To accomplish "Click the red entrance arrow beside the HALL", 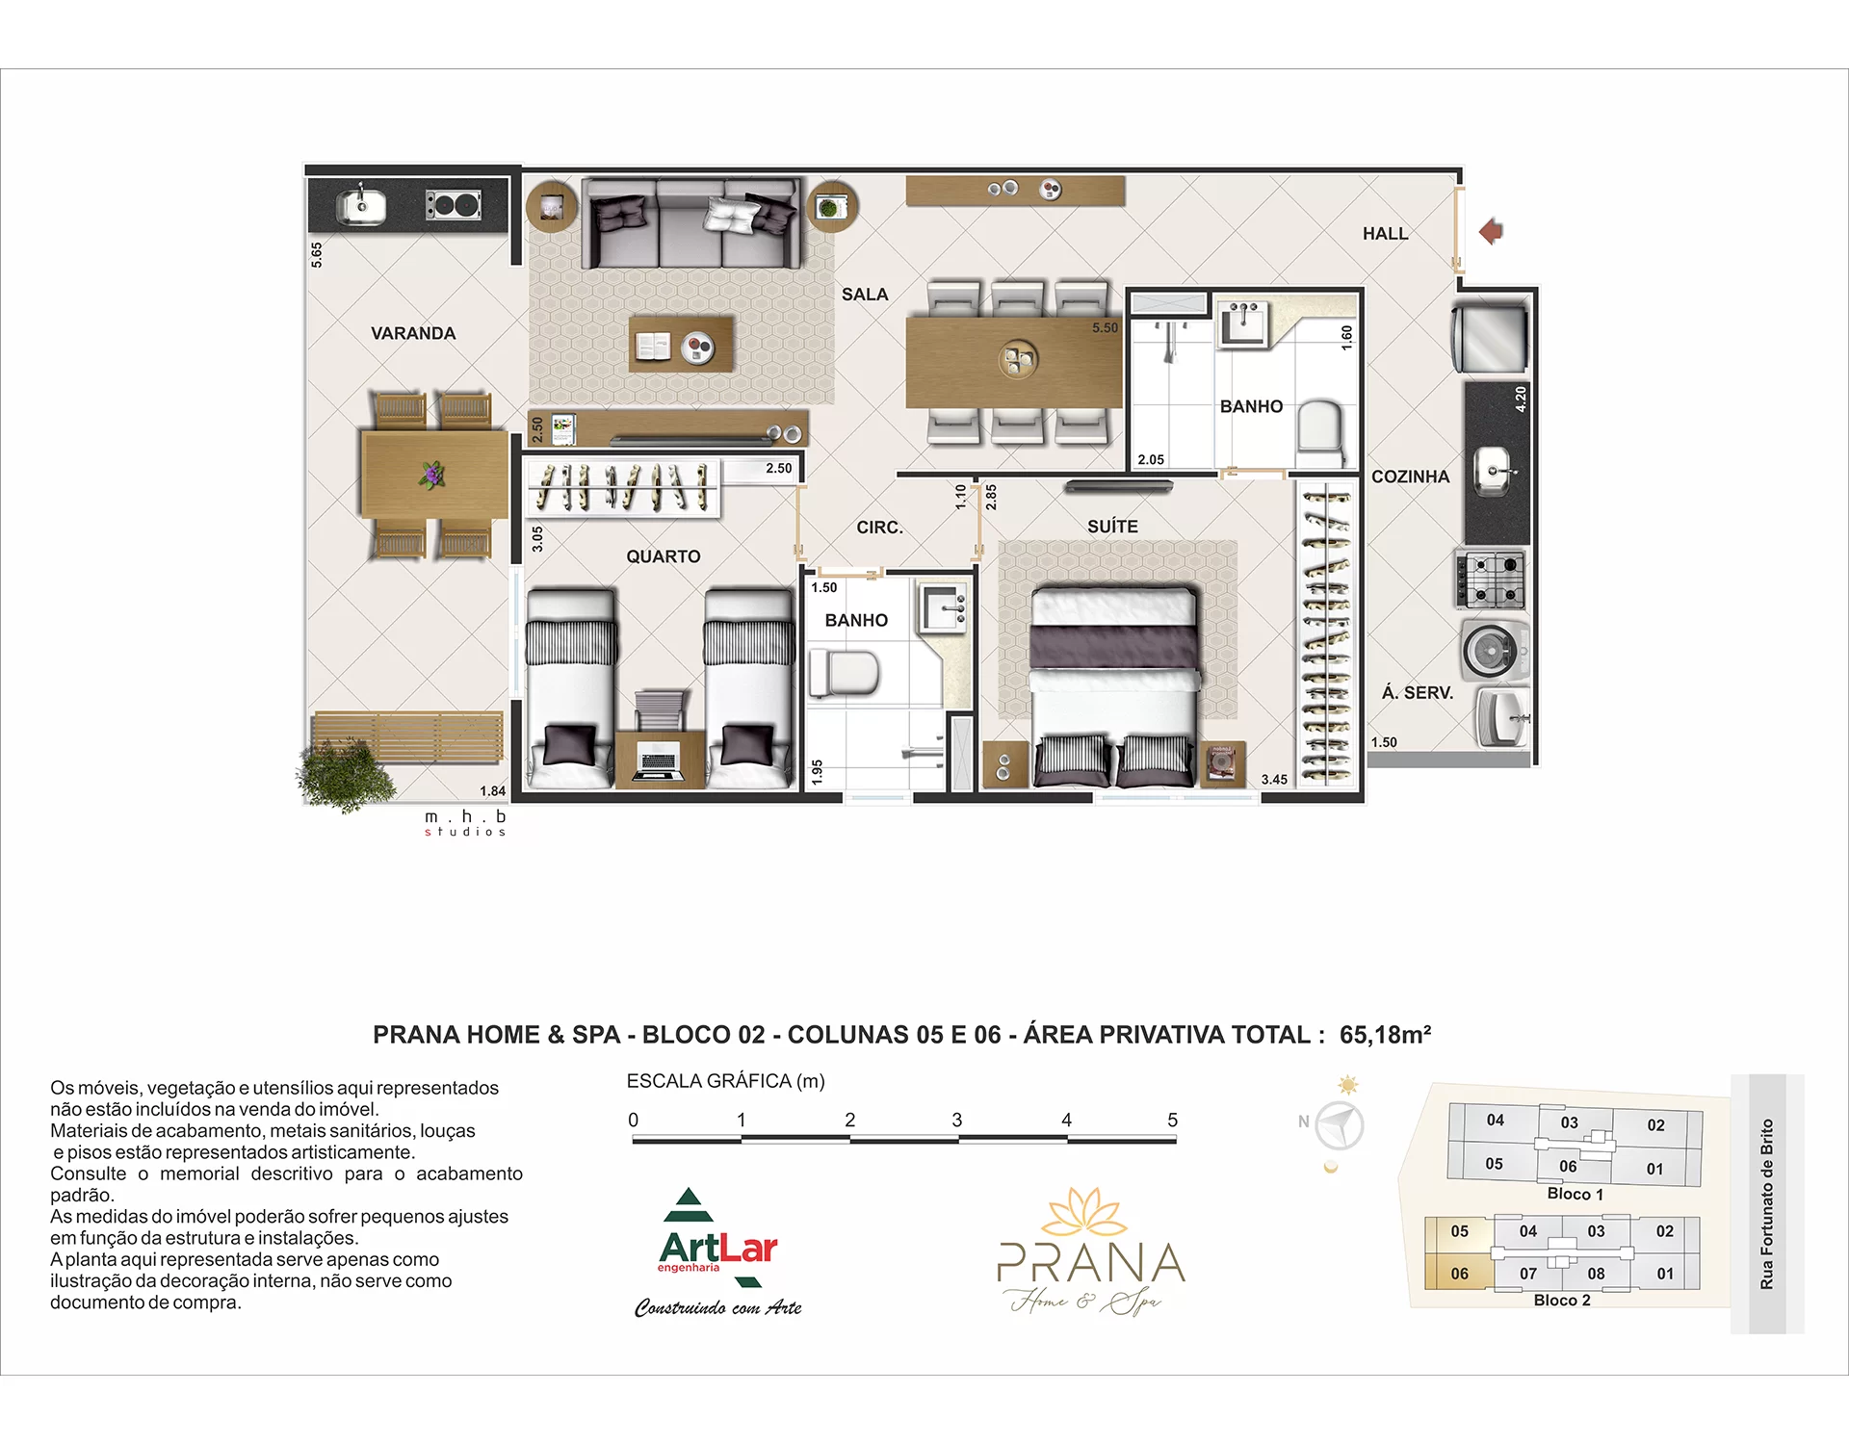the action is [1491, 231].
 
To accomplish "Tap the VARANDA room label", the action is [413, 333].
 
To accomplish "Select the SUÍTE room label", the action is [1112, 526].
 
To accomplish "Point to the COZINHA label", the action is [1410, 477].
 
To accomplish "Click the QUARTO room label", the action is [664, 556].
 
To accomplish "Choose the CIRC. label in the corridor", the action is [879, 528].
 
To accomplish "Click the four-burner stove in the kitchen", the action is [1490, 580].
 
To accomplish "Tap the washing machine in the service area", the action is [1494, 650].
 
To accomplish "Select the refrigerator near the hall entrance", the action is [1490, 338].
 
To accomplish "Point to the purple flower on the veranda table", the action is [432, 475].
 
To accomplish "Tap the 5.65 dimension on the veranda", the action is [317, 254].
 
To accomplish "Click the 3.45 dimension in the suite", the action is [1274, 780].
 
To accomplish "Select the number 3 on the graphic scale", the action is [957, 1120].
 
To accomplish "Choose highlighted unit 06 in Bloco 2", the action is [1459, 1274].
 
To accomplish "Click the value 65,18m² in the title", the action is [1385, 1035].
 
